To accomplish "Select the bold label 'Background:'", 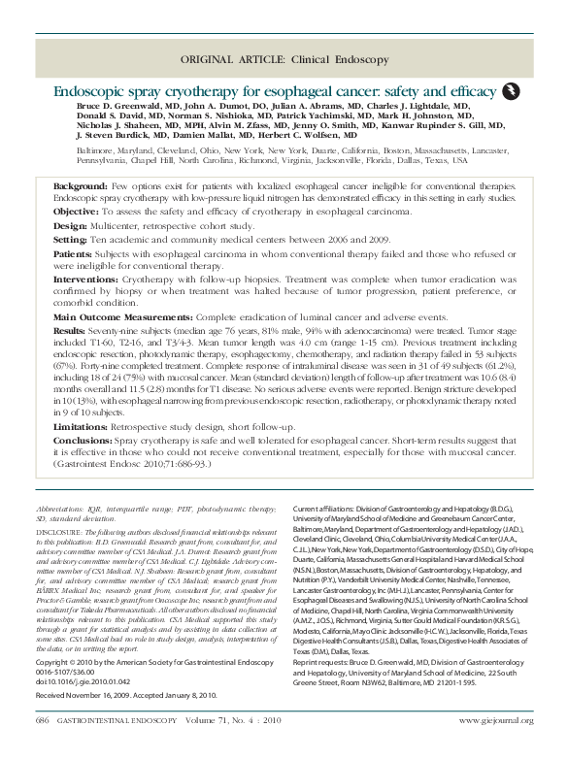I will pyautogui.click(x=81, y=184).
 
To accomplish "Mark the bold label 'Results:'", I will pyautogui.click(x=72, y=331).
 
